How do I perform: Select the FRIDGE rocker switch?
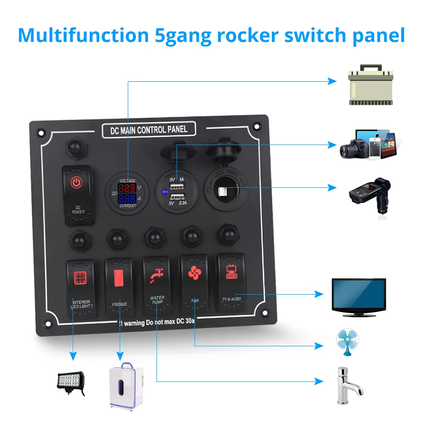coord(118,288)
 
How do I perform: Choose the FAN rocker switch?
coord(194,284)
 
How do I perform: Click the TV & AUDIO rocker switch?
coord(231,282)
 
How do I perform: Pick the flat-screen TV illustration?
coord(359,298)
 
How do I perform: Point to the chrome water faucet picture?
coord(347,385)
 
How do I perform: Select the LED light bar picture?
coord(71,381)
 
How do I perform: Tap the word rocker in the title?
coord(249,35)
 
